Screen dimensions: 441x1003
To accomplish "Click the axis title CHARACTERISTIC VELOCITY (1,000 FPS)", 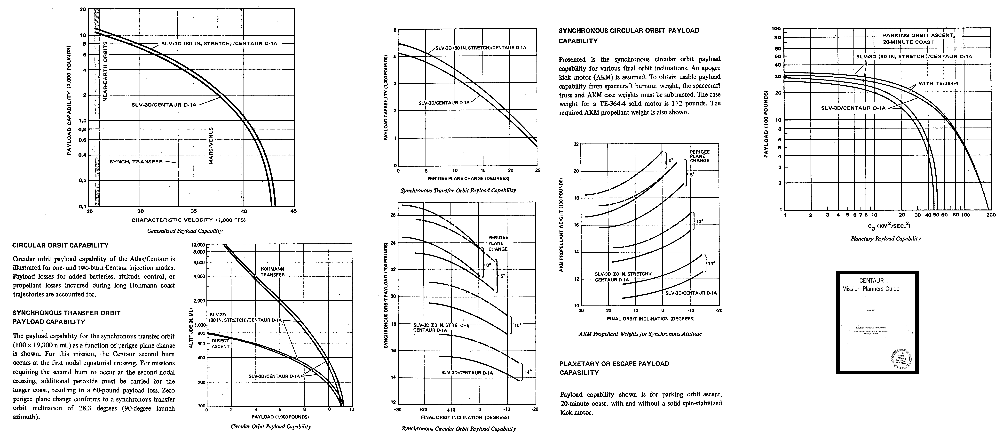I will click(189, 220).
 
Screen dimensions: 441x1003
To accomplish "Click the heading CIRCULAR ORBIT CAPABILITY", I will click(60, 245).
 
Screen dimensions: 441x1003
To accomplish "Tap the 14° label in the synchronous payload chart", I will click(528, 372).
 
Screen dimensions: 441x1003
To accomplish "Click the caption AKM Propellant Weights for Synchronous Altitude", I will click(640, 334).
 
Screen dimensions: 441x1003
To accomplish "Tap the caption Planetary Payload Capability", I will click(885, 238).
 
